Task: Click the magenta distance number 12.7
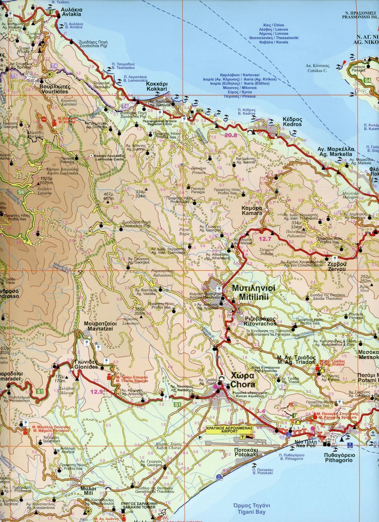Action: [265, 239]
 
